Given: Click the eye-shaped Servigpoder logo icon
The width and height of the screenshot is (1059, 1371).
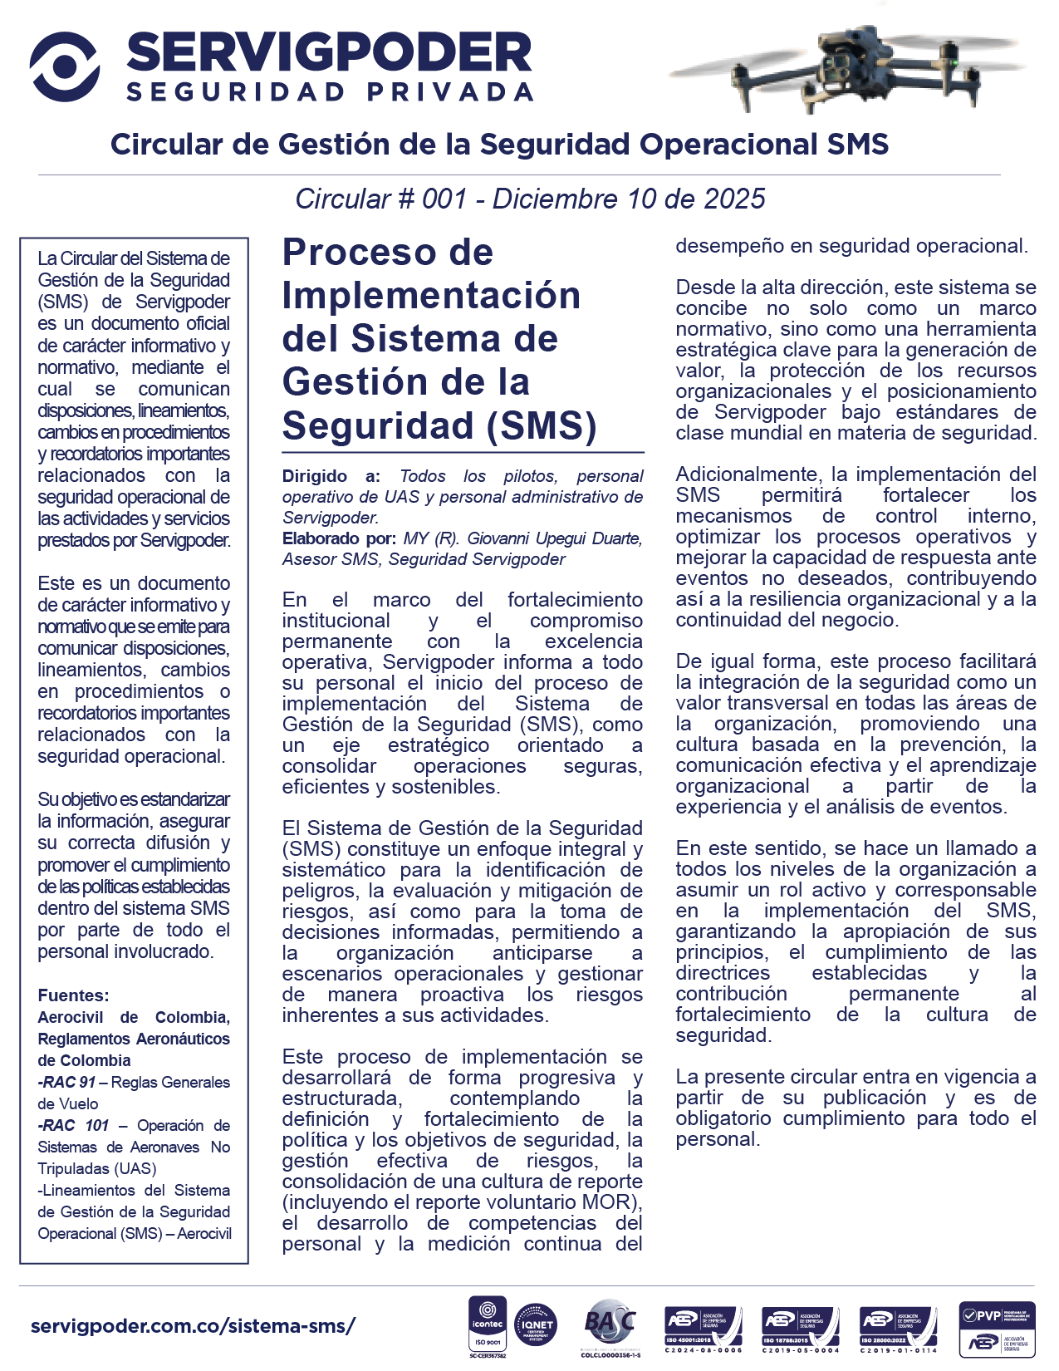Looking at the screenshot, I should (65, 66).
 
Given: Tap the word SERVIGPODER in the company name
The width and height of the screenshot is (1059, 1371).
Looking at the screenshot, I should (329, 52).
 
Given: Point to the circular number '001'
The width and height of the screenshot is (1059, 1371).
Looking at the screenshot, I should (444, 199).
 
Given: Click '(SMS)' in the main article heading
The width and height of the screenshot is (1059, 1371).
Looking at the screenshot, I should (542, 425).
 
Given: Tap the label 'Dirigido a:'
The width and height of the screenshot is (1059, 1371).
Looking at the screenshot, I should (331, 476).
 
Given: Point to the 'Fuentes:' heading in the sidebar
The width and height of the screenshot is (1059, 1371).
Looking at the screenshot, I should (73, 995).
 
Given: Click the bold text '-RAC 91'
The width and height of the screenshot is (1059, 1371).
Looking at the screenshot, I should (66, 1082).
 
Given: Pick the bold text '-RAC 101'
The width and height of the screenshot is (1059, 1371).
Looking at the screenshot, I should (73, 1125).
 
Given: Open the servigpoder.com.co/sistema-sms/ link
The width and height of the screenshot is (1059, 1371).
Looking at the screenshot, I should (193, 1325).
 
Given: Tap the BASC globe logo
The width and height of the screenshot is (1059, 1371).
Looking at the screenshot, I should (610, 1323).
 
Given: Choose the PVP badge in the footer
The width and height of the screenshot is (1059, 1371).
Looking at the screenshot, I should (996, 1327).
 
